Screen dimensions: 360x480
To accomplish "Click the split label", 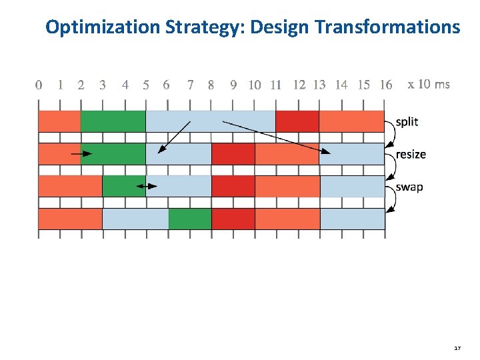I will point(407,121).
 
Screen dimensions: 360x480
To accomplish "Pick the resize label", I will point(411,154).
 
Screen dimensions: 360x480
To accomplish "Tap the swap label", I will point(409,187).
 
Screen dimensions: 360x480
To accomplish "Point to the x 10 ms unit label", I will point(428,84).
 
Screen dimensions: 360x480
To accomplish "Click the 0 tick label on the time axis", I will point(39,85).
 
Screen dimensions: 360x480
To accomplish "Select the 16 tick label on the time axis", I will point(385,85).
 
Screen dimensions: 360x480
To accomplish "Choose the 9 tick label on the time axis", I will point(233,85).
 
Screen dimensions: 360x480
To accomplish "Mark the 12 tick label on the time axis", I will point(299,85).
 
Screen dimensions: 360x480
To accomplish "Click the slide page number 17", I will point(457,348).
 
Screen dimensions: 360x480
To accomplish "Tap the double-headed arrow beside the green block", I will point(147,186).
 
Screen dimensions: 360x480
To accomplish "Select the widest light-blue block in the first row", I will point(210,121).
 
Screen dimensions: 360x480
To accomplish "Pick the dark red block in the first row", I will point(297,121).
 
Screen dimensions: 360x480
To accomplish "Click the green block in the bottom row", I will point(190,219).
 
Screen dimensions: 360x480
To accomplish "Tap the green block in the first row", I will point(113,121).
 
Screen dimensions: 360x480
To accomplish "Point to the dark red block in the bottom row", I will point(233,219).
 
